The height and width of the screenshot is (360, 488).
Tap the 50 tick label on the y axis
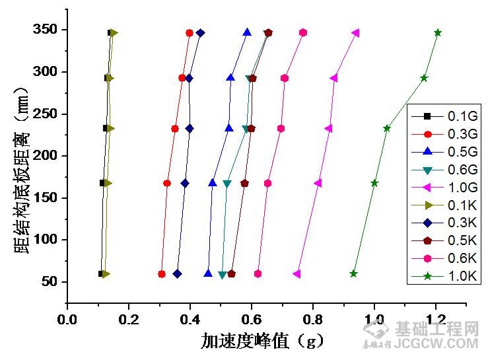(x=51, y=282)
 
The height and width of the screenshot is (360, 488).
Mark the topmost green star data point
(x=438, y=32)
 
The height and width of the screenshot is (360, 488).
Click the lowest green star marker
(x=353, y=273)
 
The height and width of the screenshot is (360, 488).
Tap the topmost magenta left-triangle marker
(x=356, y=32)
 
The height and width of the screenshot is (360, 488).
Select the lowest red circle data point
(x=162, y=273)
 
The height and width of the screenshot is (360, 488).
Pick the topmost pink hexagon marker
(x=303, y=32)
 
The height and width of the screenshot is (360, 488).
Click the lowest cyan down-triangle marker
(x=223, y=275)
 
